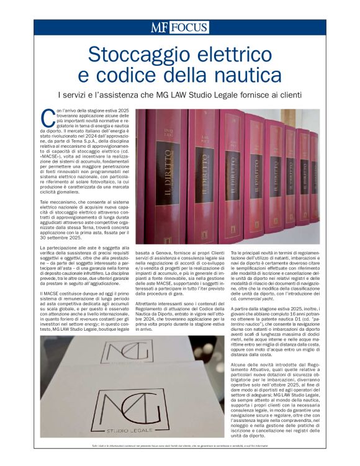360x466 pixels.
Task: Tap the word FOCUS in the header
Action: [189, 27]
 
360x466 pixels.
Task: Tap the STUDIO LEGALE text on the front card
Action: [132, 429]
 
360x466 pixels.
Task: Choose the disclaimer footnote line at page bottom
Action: [180, 446]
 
